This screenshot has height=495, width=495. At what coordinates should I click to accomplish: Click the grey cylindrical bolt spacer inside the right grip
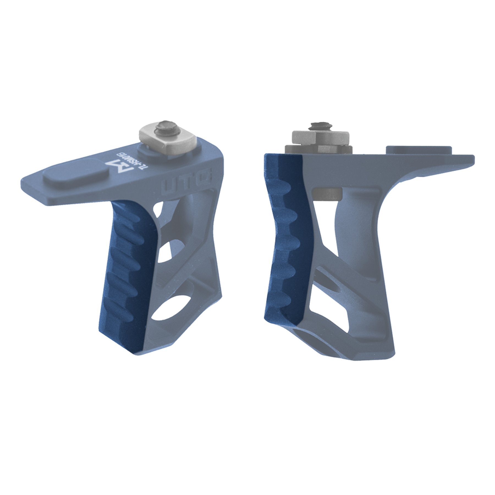327,193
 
